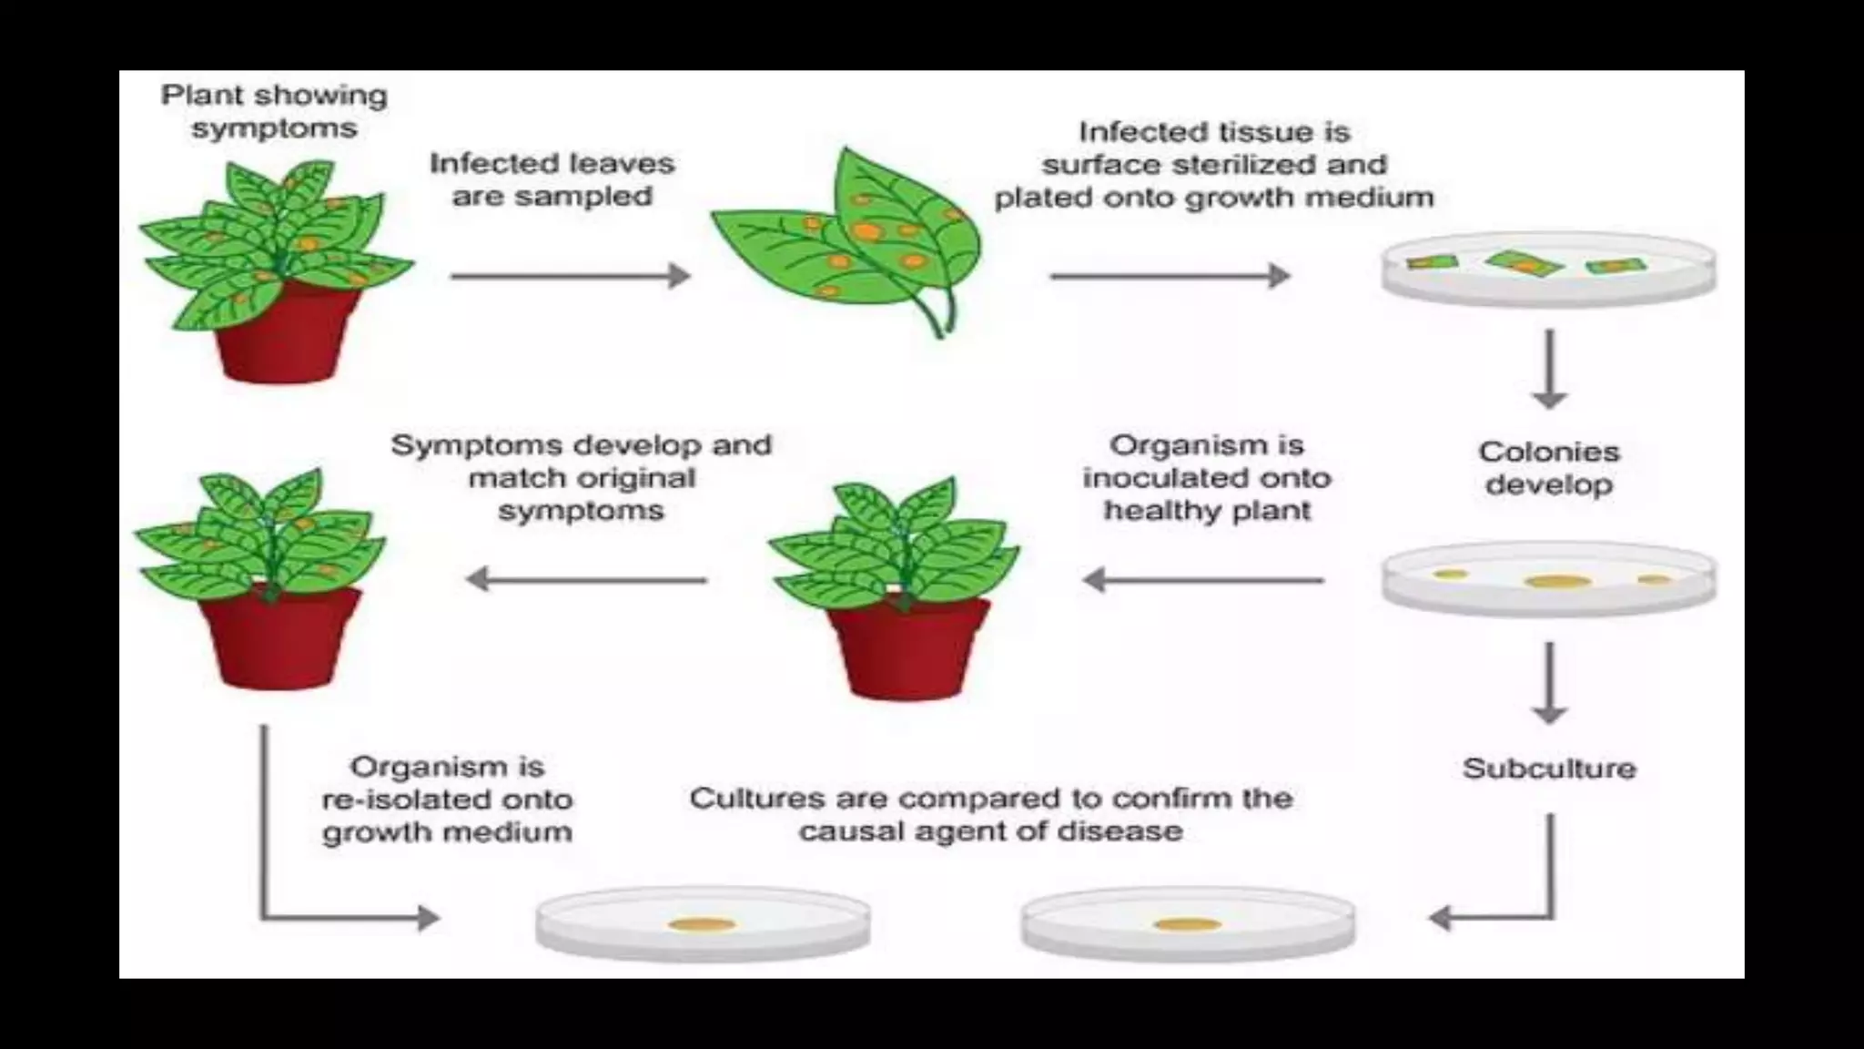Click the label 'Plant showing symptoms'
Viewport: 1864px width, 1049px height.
[x=274, y=111]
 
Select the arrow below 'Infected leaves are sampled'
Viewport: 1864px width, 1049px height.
[x=571, y=275]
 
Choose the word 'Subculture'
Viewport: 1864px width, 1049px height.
[x=1549, y=769]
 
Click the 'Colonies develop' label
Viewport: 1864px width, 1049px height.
[x=1549, y=468]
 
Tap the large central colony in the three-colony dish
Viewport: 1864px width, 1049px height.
[x=1557, y=581]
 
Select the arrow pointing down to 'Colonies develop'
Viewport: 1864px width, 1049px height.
[x=1549, y=370]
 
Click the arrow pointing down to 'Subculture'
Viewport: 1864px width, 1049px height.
[x=1549, y=683]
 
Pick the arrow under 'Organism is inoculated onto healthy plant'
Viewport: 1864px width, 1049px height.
[x=1203, y=579]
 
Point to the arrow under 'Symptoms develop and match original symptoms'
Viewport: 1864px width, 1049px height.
[x=586, y=579]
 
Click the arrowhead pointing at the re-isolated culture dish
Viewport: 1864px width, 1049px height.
[x=428, y=917]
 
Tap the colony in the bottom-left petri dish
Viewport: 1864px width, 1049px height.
[x=702, y=925]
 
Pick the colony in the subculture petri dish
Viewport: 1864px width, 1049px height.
[x=1187, y=925]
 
